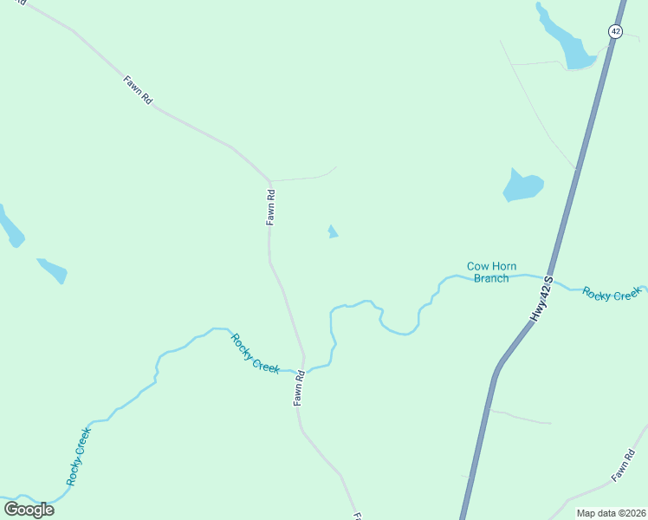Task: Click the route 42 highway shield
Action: point(615,31)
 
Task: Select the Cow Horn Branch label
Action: point(491,272)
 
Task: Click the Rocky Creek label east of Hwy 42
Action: point(611,295)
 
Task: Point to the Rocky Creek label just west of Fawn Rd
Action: point(255,354)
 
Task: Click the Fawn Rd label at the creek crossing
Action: point(299,389)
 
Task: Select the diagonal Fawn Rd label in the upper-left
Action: point(139,90)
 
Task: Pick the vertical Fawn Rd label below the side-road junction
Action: point(270,208)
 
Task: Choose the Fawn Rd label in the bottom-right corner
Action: point(623,466)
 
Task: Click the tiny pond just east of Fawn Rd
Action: point(333,231)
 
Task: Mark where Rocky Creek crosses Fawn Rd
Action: point(305,371)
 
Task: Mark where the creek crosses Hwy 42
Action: point(548,279)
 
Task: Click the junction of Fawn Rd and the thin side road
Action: point(270,180)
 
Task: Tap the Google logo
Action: point(29,510)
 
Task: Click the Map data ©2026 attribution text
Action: point(610,513)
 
